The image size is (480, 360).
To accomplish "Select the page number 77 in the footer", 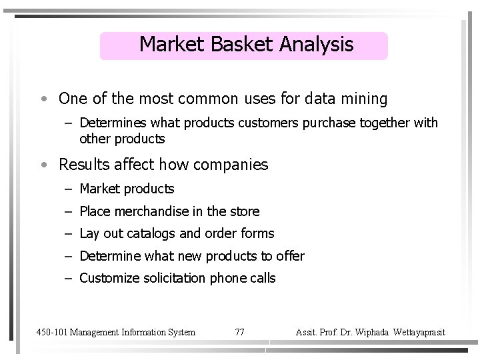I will coord(240,331).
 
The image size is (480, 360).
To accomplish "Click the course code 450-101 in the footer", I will coord(51,331).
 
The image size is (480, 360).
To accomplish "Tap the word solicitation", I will coord(173,278).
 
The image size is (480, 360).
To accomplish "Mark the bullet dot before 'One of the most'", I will coord(42,100).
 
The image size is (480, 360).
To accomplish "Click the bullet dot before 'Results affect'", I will coord(42,165).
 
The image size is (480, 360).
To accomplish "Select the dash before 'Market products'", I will coord(69,190).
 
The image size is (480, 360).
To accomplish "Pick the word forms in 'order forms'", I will coord(259,233).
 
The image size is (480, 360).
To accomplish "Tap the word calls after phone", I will coord(261,278).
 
